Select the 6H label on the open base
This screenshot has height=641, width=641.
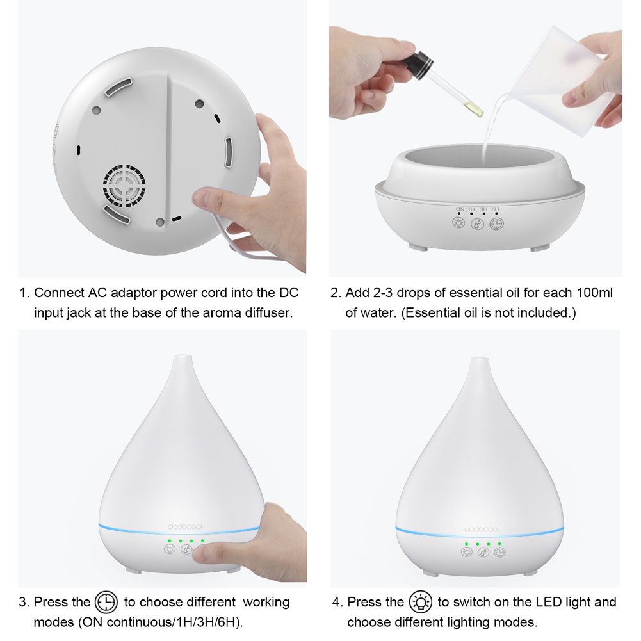[x=495, y=209]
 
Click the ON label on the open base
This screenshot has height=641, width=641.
[x=460, y=209]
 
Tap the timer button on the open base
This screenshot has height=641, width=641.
[x=496, y=223]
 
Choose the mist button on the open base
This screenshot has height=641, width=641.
[x=478, y=223]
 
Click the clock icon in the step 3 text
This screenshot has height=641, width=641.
[x=106, y=603]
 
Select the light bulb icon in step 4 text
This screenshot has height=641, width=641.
[x=421, y=603]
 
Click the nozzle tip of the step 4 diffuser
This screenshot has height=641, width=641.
[x=475, y=362]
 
